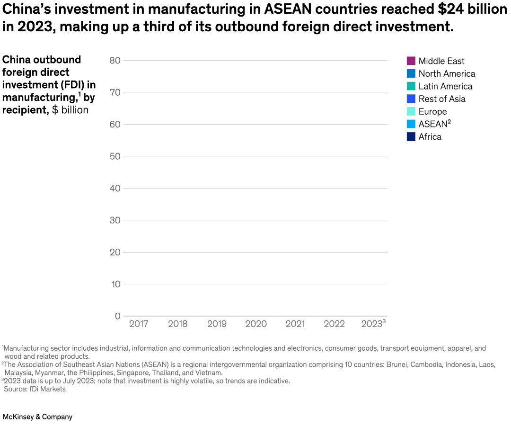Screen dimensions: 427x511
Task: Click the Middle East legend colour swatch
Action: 411,61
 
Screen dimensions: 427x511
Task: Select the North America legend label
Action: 447,73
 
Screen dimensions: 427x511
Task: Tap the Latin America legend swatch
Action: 411,86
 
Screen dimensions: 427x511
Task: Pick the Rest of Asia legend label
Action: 442,99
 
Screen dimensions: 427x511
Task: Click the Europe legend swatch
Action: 411,111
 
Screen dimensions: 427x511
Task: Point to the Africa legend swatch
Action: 411,136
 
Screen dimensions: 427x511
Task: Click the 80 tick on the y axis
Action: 115,60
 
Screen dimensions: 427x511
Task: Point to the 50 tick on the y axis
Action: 115,156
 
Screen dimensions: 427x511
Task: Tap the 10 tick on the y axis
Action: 115,284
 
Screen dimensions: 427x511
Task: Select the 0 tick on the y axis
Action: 118,316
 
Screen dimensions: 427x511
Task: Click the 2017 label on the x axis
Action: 139,324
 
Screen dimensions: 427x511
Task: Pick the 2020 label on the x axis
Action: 256,324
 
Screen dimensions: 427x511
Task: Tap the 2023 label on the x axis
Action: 372,324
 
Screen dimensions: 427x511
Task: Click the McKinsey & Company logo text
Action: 38,417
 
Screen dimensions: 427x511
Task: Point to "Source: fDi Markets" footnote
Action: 35,389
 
